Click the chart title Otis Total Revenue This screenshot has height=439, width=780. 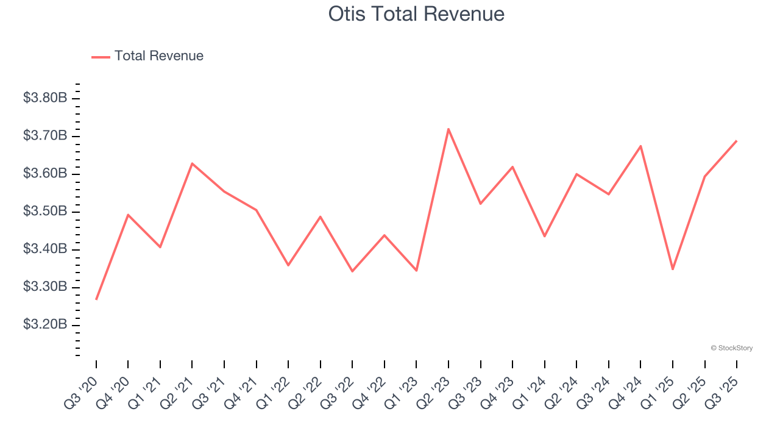[x=416, y=14]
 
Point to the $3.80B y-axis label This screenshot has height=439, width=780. [x=45, y=98]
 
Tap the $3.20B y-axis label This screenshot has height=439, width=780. [x=45, y=324]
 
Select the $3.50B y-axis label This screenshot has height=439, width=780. [x=45, y=212]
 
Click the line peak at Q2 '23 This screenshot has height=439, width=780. [x=448, y=129]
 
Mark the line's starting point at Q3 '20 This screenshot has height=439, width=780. [x=96, y=299]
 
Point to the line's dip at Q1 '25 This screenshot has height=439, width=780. [x=673, y=269]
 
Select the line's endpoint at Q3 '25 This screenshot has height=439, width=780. [x=737, y=141]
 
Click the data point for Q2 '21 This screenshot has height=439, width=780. [x=192, y=163]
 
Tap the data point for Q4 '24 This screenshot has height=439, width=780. [x=640, y=146]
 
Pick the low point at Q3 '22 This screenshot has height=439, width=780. [x=352, y=271]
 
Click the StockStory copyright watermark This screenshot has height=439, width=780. [x=731, y=348]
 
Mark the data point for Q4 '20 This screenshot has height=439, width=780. [x=128, y=215]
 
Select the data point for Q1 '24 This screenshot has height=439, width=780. [x=544, y=236]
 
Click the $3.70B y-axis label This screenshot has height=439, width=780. [x=45, y=136]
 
